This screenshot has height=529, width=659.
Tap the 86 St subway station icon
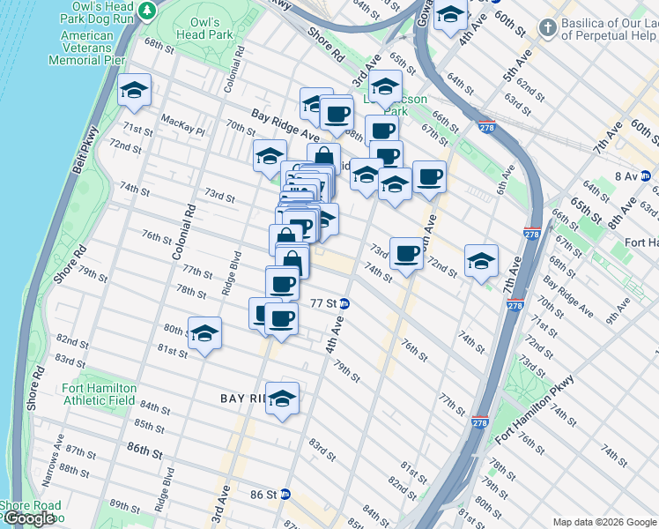click(285, 495)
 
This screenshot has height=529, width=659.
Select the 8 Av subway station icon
click(646, 176)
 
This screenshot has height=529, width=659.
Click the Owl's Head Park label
click(211, 27)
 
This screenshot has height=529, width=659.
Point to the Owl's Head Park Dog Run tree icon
click(148, 10)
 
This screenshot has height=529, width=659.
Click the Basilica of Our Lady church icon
click(547, 28)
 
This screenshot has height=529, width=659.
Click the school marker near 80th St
click(205, 334)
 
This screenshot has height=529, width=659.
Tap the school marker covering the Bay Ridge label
click(282, 399)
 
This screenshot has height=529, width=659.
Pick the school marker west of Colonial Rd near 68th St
click(134, 91)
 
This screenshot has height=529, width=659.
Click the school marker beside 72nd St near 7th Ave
click(481, 261)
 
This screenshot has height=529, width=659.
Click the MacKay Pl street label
click(182, 131)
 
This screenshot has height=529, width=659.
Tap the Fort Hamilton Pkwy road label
click(535, 412)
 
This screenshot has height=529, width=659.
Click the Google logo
click(29, 518)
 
